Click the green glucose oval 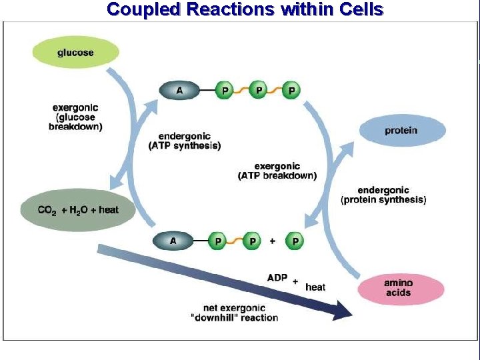(x=75, y=52)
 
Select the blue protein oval (x=401, y=131)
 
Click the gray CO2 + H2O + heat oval (x=78, y=210)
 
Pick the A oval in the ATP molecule (x=179, y=90)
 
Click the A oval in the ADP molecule (x=173, y=241)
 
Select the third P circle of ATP (x=291, y=90)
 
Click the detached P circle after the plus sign (x=295, y=241)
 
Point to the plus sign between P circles (x=273, y=241)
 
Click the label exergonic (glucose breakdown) (x=75, y=117)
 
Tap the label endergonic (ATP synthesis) (x=185, y=140)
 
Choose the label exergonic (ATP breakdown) (x=277, y=171)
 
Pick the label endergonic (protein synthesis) (x=383, y=195)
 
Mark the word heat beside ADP (x=315, y=287)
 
